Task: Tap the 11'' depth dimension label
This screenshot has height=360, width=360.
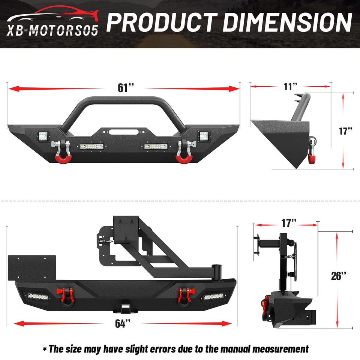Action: click(x=290, y=87)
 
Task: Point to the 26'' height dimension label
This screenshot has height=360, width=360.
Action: click(x=339, y=276)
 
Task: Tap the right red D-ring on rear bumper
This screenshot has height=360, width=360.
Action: click(x=185, y=294)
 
